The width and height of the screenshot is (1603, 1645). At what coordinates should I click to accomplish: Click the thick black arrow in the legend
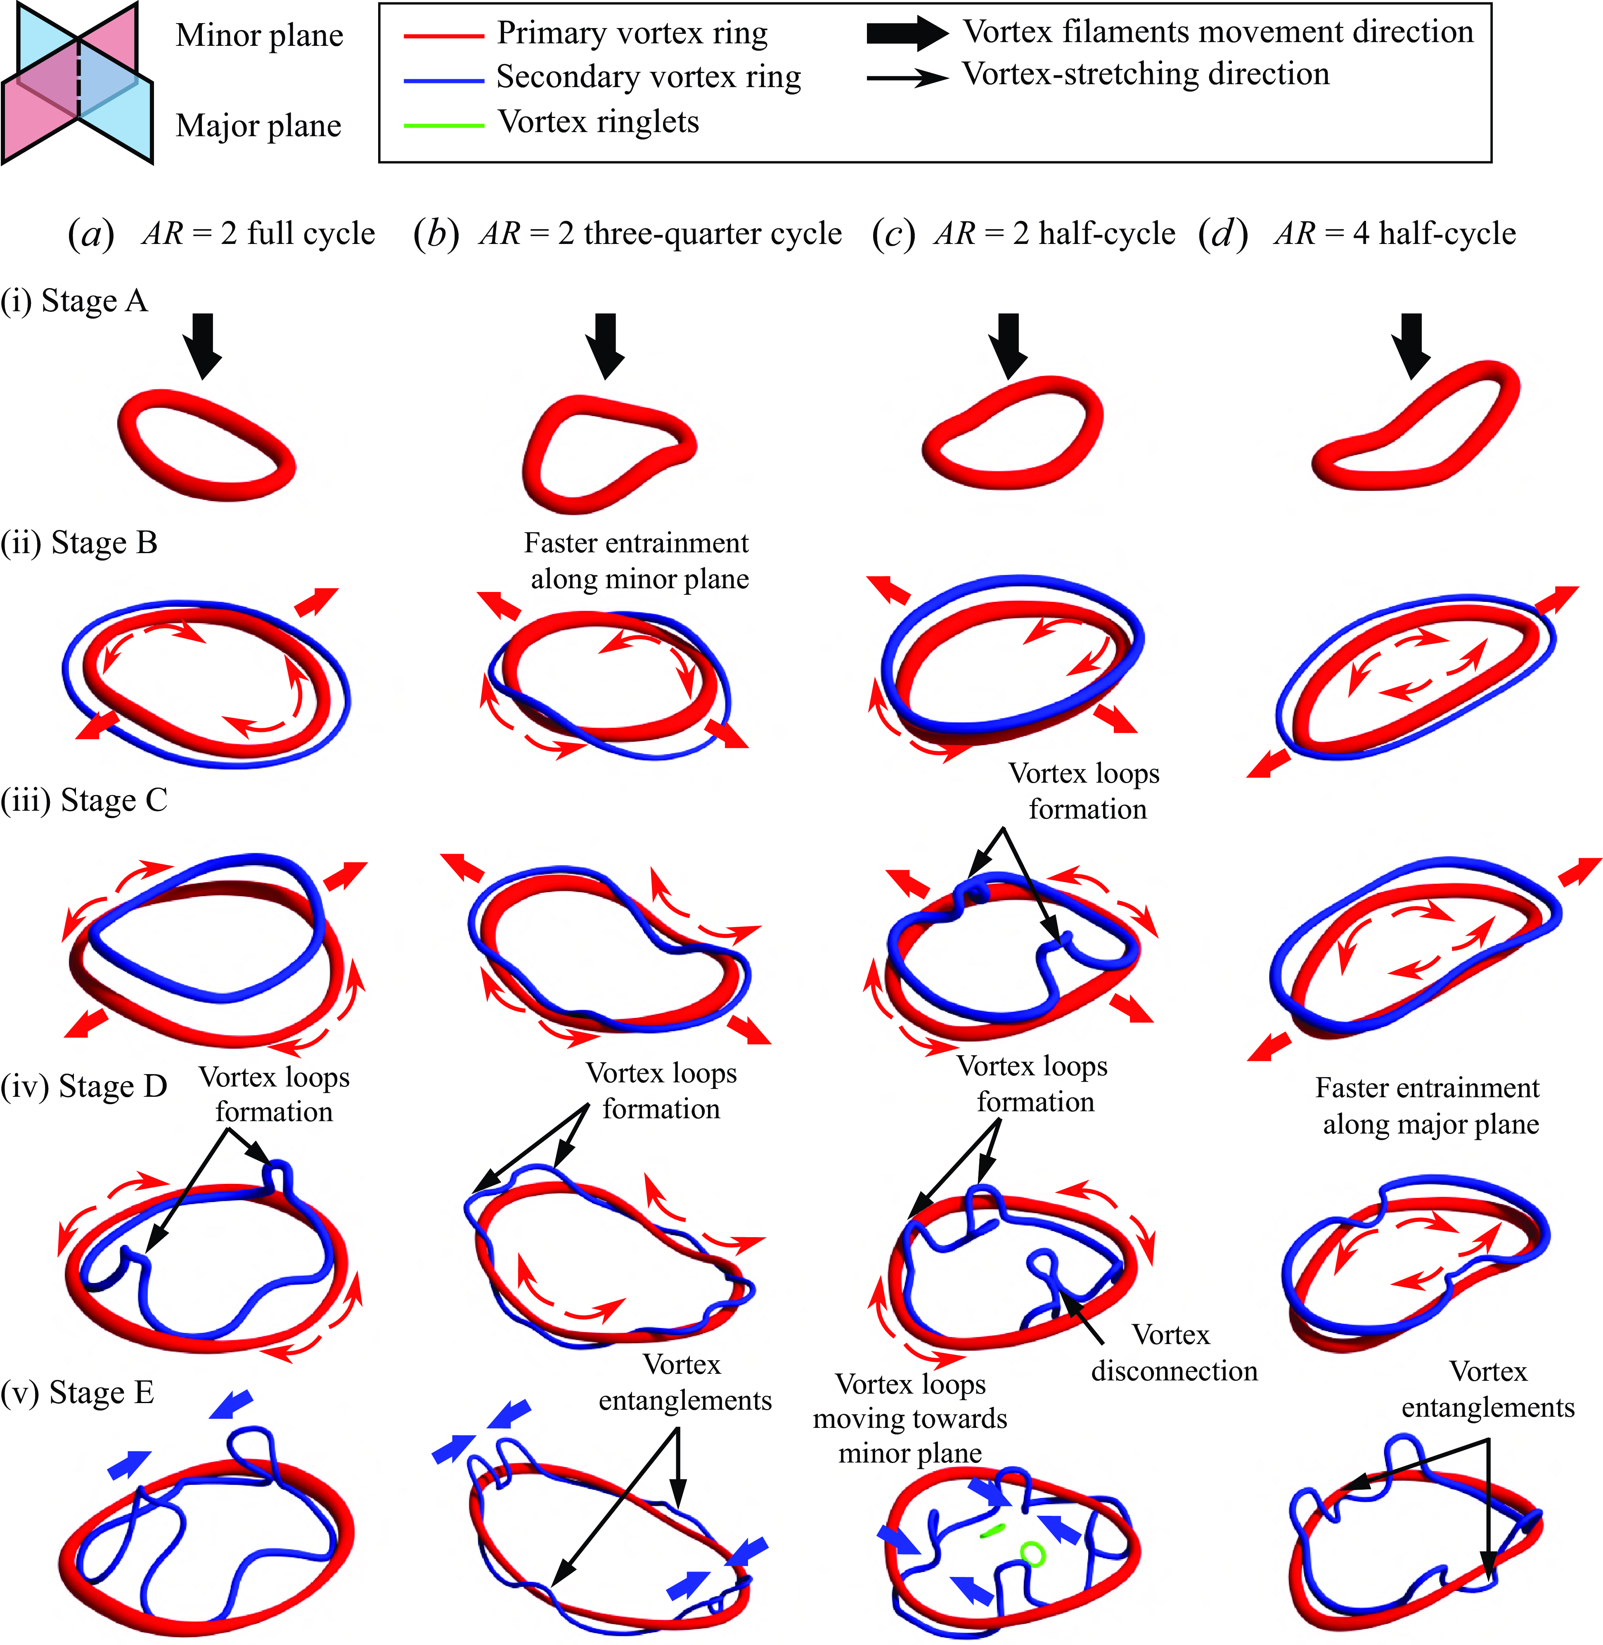coord(907,33)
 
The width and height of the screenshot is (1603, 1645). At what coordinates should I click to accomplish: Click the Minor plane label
coord(259,36)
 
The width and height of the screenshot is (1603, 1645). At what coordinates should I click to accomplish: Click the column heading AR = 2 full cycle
coord(221,233)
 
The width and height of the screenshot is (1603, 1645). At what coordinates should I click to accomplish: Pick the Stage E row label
coord(78,1392)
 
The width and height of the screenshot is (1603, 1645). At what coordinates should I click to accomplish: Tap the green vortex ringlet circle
coord(1032,1553)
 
